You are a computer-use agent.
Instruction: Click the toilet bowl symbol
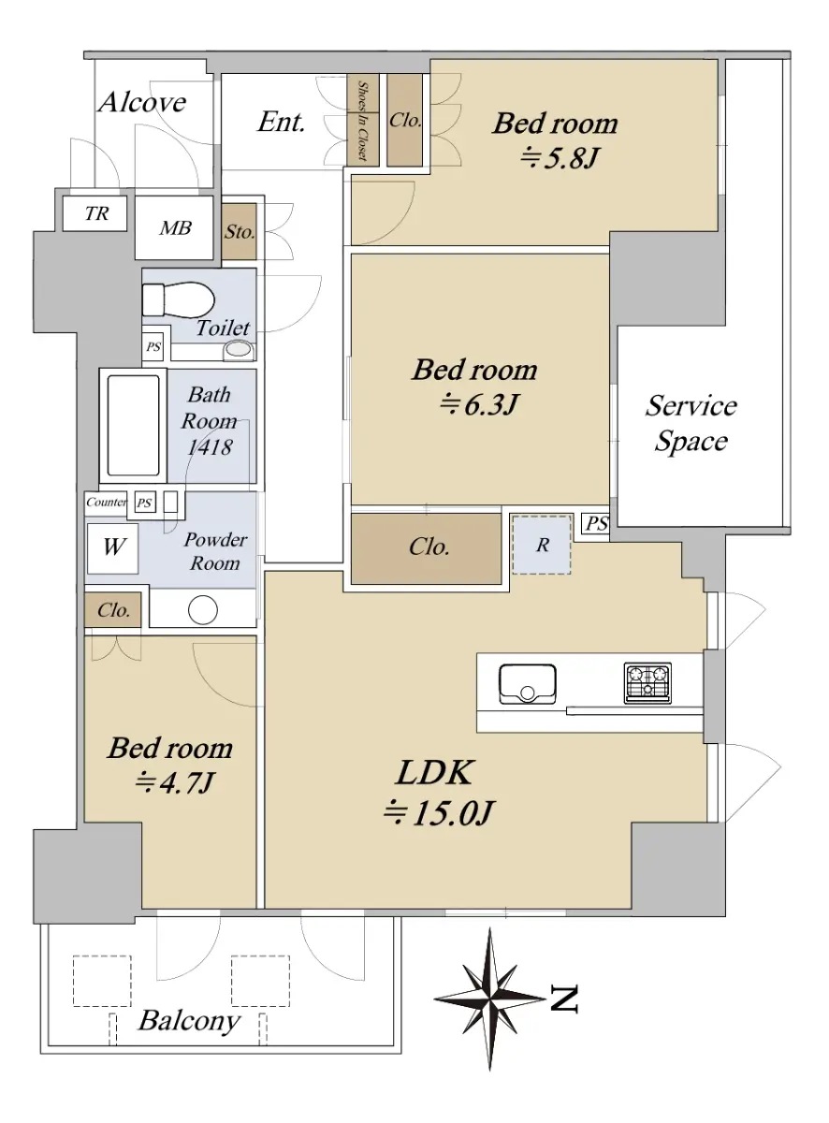[179, 299]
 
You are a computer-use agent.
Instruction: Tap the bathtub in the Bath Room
[133, 425]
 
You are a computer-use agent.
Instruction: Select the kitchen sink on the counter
[527, 684]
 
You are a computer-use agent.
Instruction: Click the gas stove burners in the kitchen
[647, 682]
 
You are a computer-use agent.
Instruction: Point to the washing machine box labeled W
[112, 547]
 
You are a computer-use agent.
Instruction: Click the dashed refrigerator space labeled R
[542, 545]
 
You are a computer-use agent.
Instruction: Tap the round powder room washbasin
[202, 609]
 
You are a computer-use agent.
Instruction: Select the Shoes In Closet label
[363, 121]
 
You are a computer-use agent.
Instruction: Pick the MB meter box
[174, 227]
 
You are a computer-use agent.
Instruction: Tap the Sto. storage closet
[239, 232]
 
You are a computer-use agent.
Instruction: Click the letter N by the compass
[564, 998]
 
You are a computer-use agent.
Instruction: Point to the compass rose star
[489, 999]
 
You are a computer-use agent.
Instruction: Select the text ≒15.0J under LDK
[438, 812]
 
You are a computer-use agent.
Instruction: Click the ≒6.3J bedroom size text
[478, 404]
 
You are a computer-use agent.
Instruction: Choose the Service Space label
[691, 423]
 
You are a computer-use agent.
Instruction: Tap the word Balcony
[189, 1020]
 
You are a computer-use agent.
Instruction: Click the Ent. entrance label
[281, 122]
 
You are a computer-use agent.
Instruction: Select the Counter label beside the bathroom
[106, 502]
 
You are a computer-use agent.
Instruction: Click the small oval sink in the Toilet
[239, 349]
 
